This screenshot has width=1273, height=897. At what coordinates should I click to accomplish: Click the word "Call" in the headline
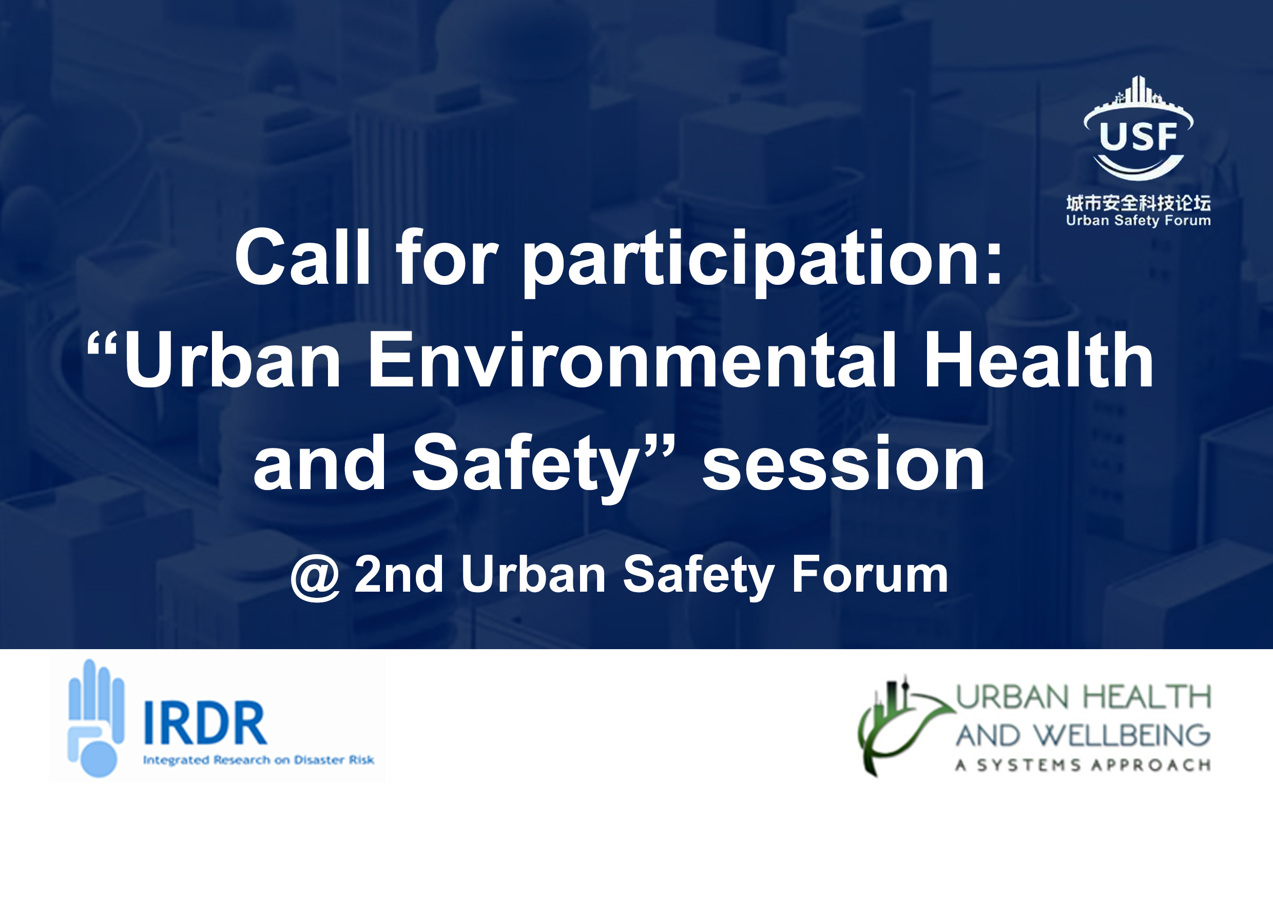(x=303, y=257)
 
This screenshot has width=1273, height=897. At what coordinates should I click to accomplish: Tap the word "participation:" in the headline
(x=763, y=262)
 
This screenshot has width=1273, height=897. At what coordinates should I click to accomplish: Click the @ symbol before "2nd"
(x=315, y=578)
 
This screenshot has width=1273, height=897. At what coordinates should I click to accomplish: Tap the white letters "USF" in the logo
(x=1139, y=136)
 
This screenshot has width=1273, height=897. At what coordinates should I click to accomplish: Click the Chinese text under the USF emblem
(x=1139, y=203)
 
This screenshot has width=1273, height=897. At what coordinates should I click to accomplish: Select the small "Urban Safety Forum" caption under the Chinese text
(x=1139, y=221)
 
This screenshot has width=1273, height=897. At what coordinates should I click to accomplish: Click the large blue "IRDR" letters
(x=205, y=723)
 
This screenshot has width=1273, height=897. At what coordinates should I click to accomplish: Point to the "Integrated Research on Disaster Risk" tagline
(x=258, y=759)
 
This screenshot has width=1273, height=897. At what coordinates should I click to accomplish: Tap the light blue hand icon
(x=95, y=718)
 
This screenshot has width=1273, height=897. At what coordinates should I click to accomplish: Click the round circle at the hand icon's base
(x=99, y=759)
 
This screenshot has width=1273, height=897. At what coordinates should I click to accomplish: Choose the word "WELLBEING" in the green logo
(x=1123, y=736)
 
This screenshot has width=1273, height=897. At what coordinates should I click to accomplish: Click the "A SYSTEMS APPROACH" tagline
(x=1083, y=766)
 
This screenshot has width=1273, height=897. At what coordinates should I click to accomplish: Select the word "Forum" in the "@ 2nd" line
(x=870, y=574)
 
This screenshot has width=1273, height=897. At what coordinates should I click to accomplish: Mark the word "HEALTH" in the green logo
(x=1147, y=697)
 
